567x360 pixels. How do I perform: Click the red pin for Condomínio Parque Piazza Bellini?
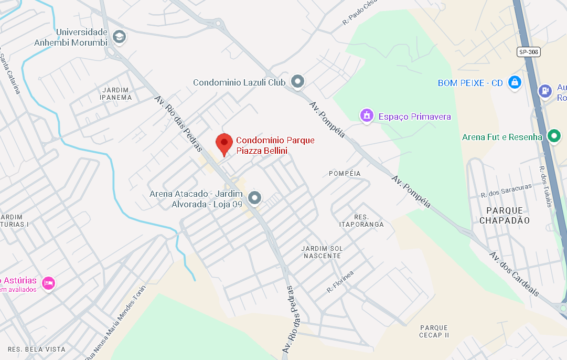[x=224, y=142]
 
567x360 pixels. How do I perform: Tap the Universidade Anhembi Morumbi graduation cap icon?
[x=120, y=37]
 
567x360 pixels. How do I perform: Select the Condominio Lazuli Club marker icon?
[x=298, y=82]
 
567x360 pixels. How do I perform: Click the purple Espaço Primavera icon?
[x=367, y=116]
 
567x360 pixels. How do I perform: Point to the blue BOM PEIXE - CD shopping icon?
[x=515, y=83]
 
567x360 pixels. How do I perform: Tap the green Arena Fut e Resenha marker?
[x=554, y=136]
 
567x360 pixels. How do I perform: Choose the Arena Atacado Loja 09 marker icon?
[x=255, y=198]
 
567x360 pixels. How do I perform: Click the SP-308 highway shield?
[x=528, y=51]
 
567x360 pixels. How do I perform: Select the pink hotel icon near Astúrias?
[x=49, y=283]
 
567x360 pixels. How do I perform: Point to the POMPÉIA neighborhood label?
[x=345, y=173]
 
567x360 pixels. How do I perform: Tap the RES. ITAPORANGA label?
[x=361, y=220]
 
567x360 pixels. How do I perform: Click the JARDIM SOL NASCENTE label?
[x=322, y=252]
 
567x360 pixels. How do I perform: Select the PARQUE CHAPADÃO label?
[x=504, y=215]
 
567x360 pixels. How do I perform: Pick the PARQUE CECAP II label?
[x=434, y=332]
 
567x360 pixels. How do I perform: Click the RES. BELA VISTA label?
[x=37, y=350]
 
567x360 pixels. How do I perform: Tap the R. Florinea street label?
[x=340, y=282]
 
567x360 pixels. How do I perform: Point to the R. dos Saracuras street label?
[x=506, y=190]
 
